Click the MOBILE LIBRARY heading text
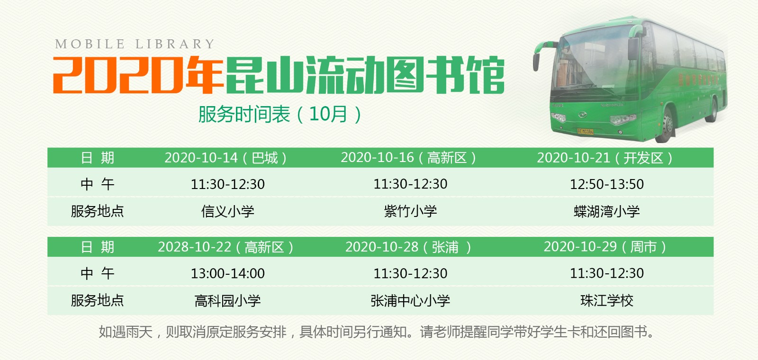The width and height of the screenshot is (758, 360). click(x=135, y=44)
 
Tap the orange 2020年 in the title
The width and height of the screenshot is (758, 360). click(x=137, y=75)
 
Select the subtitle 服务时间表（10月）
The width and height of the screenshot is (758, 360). click(x=280, y=114)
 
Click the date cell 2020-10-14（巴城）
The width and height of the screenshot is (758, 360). click(x=226, y=158)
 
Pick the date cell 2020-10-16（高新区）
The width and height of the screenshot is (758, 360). click(x=408, y=158)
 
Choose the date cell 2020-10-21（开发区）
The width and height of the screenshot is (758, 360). click(x=605, y=158)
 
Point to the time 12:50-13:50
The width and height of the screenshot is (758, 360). click(x=606, y=184)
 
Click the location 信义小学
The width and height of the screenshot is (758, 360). click(x=227, y=211)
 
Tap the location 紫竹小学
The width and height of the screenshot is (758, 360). click(x=410, y=211)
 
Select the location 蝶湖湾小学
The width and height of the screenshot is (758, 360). click(x=606, y=211)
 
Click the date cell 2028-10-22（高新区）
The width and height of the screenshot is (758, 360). click(x=226, y=247)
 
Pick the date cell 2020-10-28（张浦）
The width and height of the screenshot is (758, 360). click(x=408, y=247)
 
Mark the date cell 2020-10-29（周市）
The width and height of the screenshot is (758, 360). click(x=605, y=247)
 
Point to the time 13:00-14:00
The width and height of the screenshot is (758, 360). click(x=227, y=273)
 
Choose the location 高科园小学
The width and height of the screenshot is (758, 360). click(x=227, y=300)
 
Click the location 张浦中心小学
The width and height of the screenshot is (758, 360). click(x=410, y=300)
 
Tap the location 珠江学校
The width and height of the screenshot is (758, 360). click(x=606, y=300)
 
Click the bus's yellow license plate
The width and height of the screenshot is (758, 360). click(x=585, y=131)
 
